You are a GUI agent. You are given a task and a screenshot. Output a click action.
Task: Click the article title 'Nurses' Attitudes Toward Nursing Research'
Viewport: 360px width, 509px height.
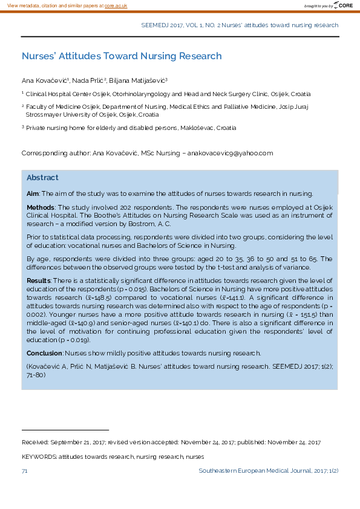coord(122,56)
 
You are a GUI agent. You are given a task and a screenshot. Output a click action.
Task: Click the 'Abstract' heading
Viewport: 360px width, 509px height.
coord(42,178)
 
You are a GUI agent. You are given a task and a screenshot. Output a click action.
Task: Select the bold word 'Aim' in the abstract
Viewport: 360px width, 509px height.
coord(33,194)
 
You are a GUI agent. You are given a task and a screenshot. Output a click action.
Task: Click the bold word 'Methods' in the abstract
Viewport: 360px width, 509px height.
coord(41,207)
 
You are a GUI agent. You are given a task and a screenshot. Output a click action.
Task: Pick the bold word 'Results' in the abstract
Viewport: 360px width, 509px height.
coord(39,281)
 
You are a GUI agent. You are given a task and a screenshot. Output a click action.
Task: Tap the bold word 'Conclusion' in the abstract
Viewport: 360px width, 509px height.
coord(44,353)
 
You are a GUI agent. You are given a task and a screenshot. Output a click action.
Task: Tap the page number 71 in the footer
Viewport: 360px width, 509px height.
coord(25,470)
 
